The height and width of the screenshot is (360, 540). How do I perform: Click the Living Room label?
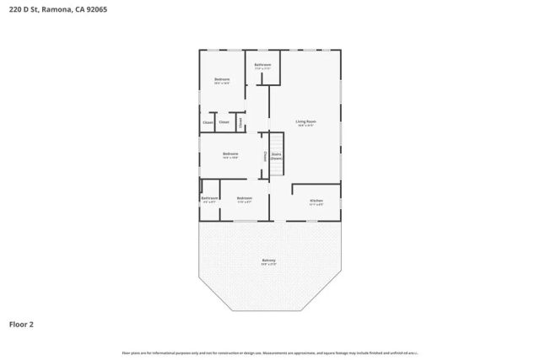305,121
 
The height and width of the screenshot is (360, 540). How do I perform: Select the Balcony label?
268,260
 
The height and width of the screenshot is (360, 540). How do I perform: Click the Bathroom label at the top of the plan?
262,64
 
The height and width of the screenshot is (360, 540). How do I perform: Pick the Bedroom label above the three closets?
222,79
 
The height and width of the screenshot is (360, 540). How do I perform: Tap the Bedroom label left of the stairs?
230,153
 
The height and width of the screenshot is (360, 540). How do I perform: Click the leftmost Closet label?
208,123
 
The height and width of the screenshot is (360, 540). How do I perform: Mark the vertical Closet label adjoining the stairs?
266,156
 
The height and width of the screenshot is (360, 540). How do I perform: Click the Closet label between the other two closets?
224,123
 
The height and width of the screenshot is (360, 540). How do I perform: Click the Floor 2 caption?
22,323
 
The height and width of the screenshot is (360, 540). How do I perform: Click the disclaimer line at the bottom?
270,352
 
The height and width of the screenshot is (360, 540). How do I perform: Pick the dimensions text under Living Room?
305,126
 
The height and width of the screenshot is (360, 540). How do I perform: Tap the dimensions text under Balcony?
268,264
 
